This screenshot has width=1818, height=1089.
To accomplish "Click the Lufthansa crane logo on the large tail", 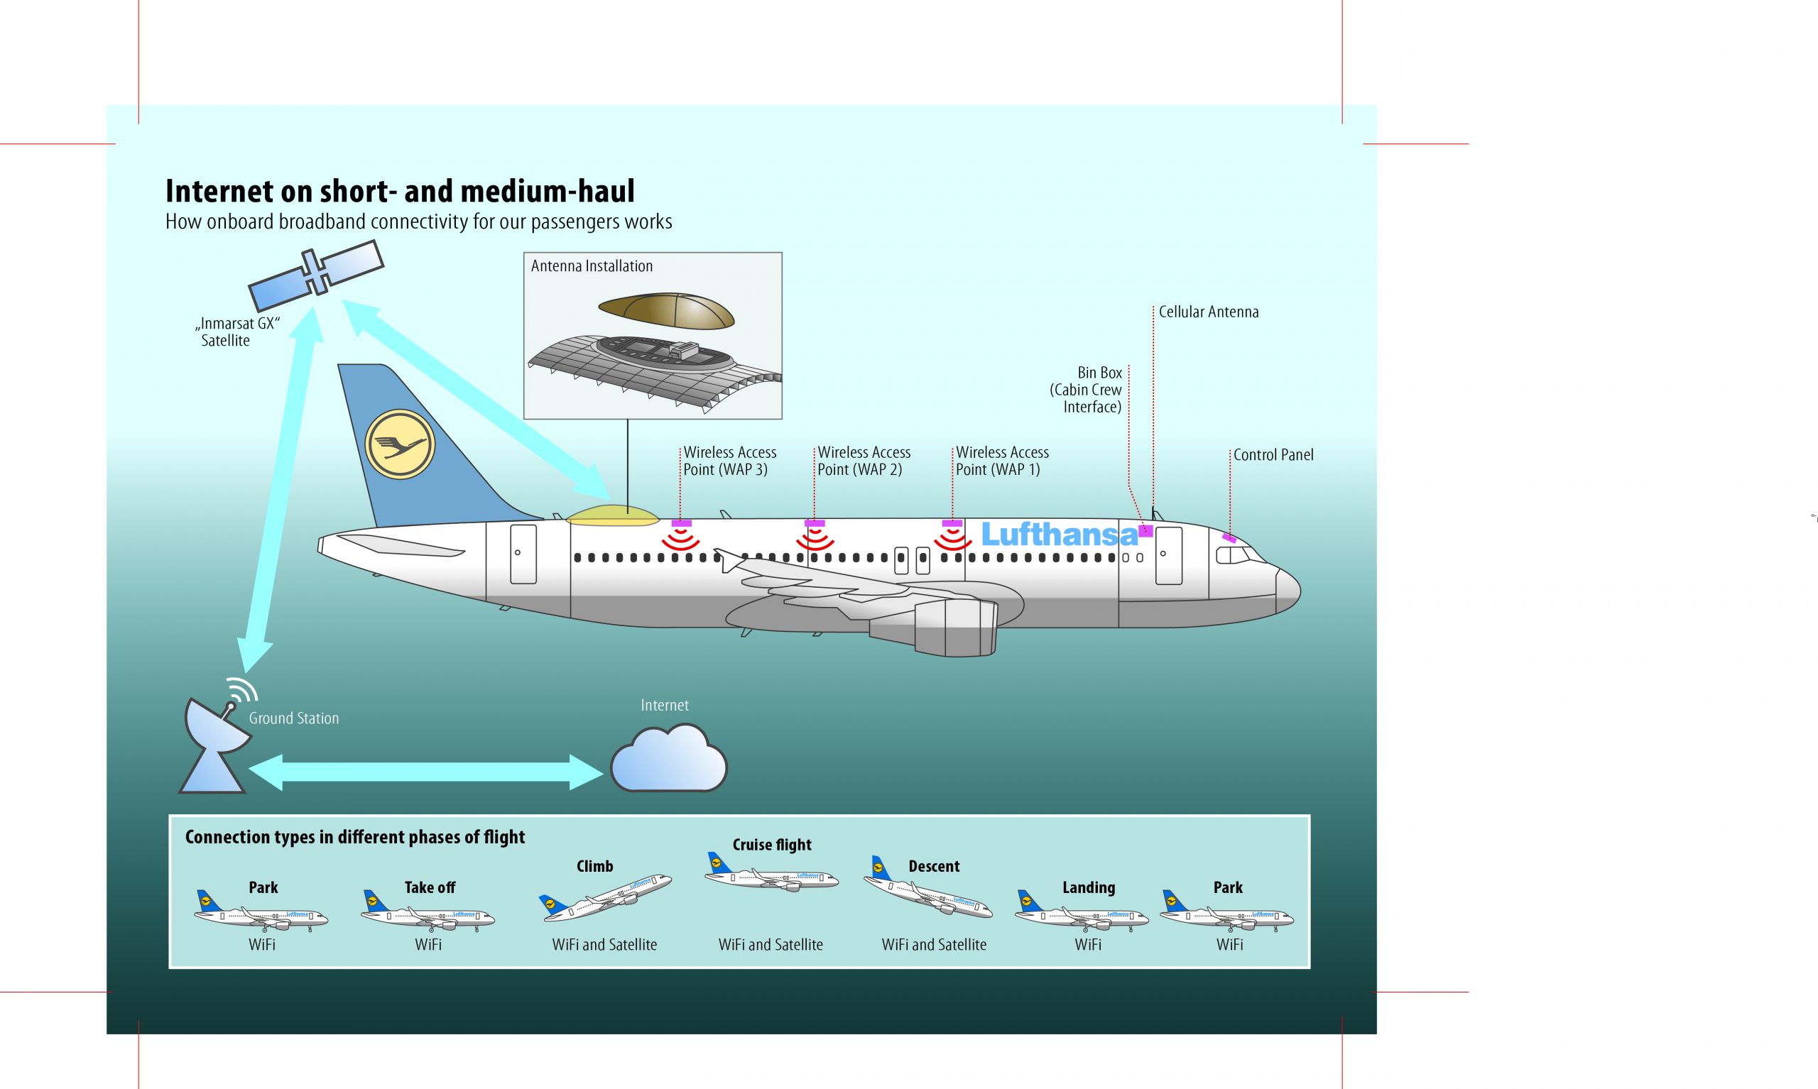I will pos(400,444).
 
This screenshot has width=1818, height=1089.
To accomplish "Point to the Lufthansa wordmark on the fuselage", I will pos(1059,535).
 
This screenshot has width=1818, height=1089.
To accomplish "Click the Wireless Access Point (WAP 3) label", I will pos(729,461).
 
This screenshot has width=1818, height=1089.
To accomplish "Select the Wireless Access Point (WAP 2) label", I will pos(864,461).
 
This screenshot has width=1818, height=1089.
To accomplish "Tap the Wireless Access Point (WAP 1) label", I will pos(1002,461).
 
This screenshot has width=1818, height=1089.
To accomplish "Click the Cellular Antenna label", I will pos(1208,312).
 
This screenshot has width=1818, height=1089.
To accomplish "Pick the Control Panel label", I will pos(1273,455).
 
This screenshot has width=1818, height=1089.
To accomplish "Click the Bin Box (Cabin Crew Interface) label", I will pos(1087,390).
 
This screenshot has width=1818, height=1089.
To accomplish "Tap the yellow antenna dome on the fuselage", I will pos(613,515).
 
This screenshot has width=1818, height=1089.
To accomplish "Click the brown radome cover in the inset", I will pos(666,310).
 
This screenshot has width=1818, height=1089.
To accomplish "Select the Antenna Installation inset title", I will pos(592,266).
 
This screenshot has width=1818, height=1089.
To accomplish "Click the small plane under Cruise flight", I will pos(771,875).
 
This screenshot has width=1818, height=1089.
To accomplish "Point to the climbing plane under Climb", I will pos(606,895).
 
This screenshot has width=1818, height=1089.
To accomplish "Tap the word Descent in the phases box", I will pos(934,867).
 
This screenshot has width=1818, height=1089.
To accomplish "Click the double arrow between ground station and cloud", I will pos(425,776).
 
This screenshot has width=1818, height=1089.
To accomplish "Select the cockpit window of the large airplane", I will pos(1233,556).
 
